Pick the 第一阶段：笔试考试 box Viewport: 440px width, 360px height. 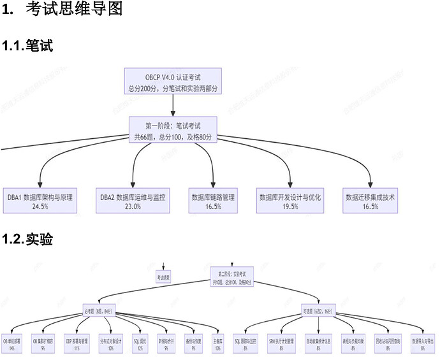coord(172,130)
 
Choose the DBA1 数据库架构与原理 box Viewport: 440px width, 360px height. coord(40,201)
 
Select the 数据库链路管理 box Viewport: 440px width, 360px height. coord(214,201)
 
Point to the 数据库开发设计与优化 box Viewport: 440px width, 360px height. coord(290,201)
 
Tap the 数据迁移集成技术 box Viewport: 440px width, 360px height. coord(370,201)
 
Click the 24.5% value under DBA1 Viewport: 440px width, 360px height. coord(40,206)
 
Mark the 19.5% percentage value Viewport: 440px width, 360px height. coord(290,206)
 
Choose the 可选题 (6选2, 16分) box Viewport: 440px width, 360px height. coord(318,312)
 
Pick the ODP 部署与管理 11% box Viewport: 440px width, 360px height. coord(77,344)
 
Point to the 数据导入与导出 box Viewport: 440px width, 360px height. coord(423,344)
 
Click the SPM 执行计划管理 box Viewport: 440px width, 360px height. coord(281,344)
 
